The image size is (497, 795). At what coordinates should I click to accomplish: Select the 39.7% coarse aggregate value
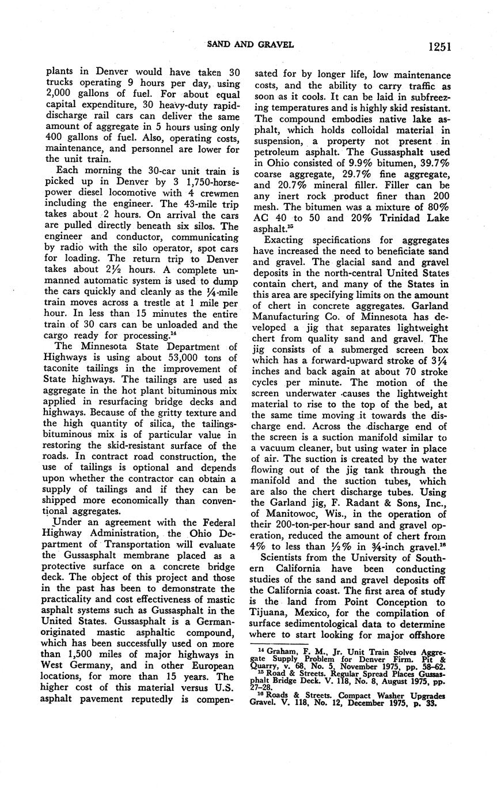pyautogui.click(x=432, y=163)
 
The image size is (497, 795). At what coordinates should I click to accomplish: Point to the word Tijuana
pyautogui.click(x=274, y=613)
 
